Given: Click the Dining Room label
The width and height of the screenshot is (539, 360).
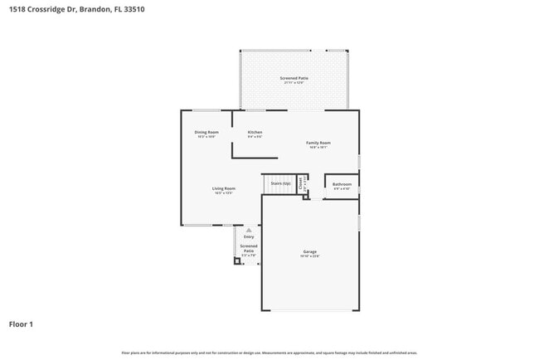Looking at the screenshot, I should coord(206,133).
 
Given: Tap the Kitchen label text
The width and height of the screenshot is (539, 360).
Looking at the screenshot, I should coord(255,133).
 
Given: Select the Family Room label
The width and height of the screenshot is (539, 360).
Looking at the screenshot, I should coord(319,143).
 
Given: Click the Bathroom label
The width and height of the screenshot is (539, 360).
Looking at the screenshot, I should coord(342,184).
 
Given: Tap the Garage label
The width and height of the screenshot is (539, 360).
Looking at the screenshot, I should coord(309,251).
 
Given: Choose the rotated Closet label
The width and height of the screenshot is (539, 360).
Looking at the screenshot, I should coord(301,184).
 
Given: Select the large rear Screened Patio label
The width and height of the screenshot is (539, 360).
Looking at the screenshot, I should coord(294,79).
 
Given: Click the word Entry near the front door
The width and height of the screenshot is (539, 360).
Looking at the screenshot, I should coord(249,236).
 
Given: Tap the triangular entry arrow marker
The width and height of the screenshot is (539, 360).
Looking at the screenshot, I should coord(248,230).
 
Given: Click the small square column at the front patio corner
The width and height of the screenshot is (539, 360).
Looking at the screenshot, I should coord(236,260).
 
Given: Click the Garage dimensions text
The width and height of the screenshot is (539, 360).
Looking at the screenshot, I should coord(309,256).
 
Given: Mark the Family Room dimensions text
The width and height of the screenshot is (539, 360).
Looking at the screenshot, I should coord(319,148).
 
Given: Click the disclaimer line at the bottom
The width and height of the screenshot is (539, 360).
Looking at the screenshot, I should coord(269,353).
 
